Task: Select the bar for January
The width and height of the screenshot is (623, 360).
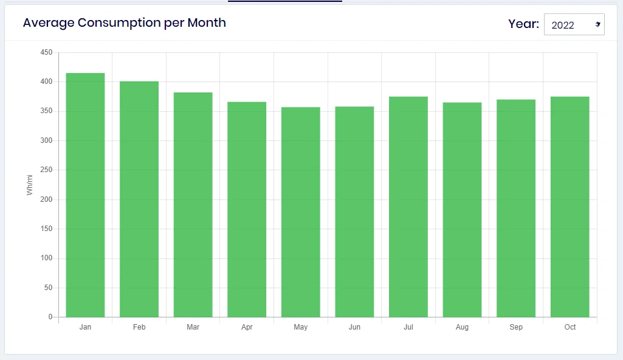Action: tap(86, 195)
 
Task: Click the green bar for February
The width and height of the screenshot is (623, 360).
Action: tap(139, 199)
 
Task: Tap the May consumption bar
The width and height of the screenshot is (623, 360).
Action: tap(301, 212)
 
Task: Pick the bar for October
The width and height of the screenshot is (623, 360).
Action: tap(570, 207)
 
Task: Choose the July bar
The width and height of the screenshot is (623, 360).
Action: tap(408, 207)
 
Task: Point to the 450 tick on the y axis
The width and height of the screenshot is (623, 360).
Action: tap(46, 52)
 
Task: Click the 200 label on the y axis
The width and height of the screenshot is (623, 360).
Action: tap(46, 199)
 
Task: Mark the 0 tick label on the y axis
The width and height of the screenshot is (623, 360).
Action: tap(50, 317)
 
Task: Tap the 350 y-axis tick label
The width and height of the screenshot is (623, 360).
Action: tap(46, 111)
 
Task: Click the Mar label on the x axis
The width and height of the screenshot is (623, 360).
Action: tap(193, 327)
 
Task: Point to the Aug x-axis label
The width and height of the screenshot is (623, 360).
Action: tap(462, 327)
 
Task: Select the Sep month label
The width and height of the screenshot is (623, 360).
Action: tap(516, 327)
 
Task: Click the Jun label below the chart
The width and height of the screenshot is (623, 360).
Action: tap(354, 327)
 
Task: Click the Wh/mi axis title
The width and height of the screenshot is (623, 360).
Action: tap(29, 185)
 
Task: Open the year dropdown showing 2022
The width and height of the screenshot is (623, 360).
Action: tap(574, 25)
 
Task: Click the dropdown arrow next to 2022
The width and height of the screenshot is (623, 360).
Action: tap(597, 25)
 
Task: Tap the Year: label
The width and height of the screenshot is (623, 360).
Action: tap(524, 24)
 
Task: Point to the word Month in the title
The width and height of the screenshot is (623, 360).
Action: tap(207, 22)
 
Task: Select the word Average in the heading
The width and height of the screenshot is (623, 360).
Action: tap(49, 23)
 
